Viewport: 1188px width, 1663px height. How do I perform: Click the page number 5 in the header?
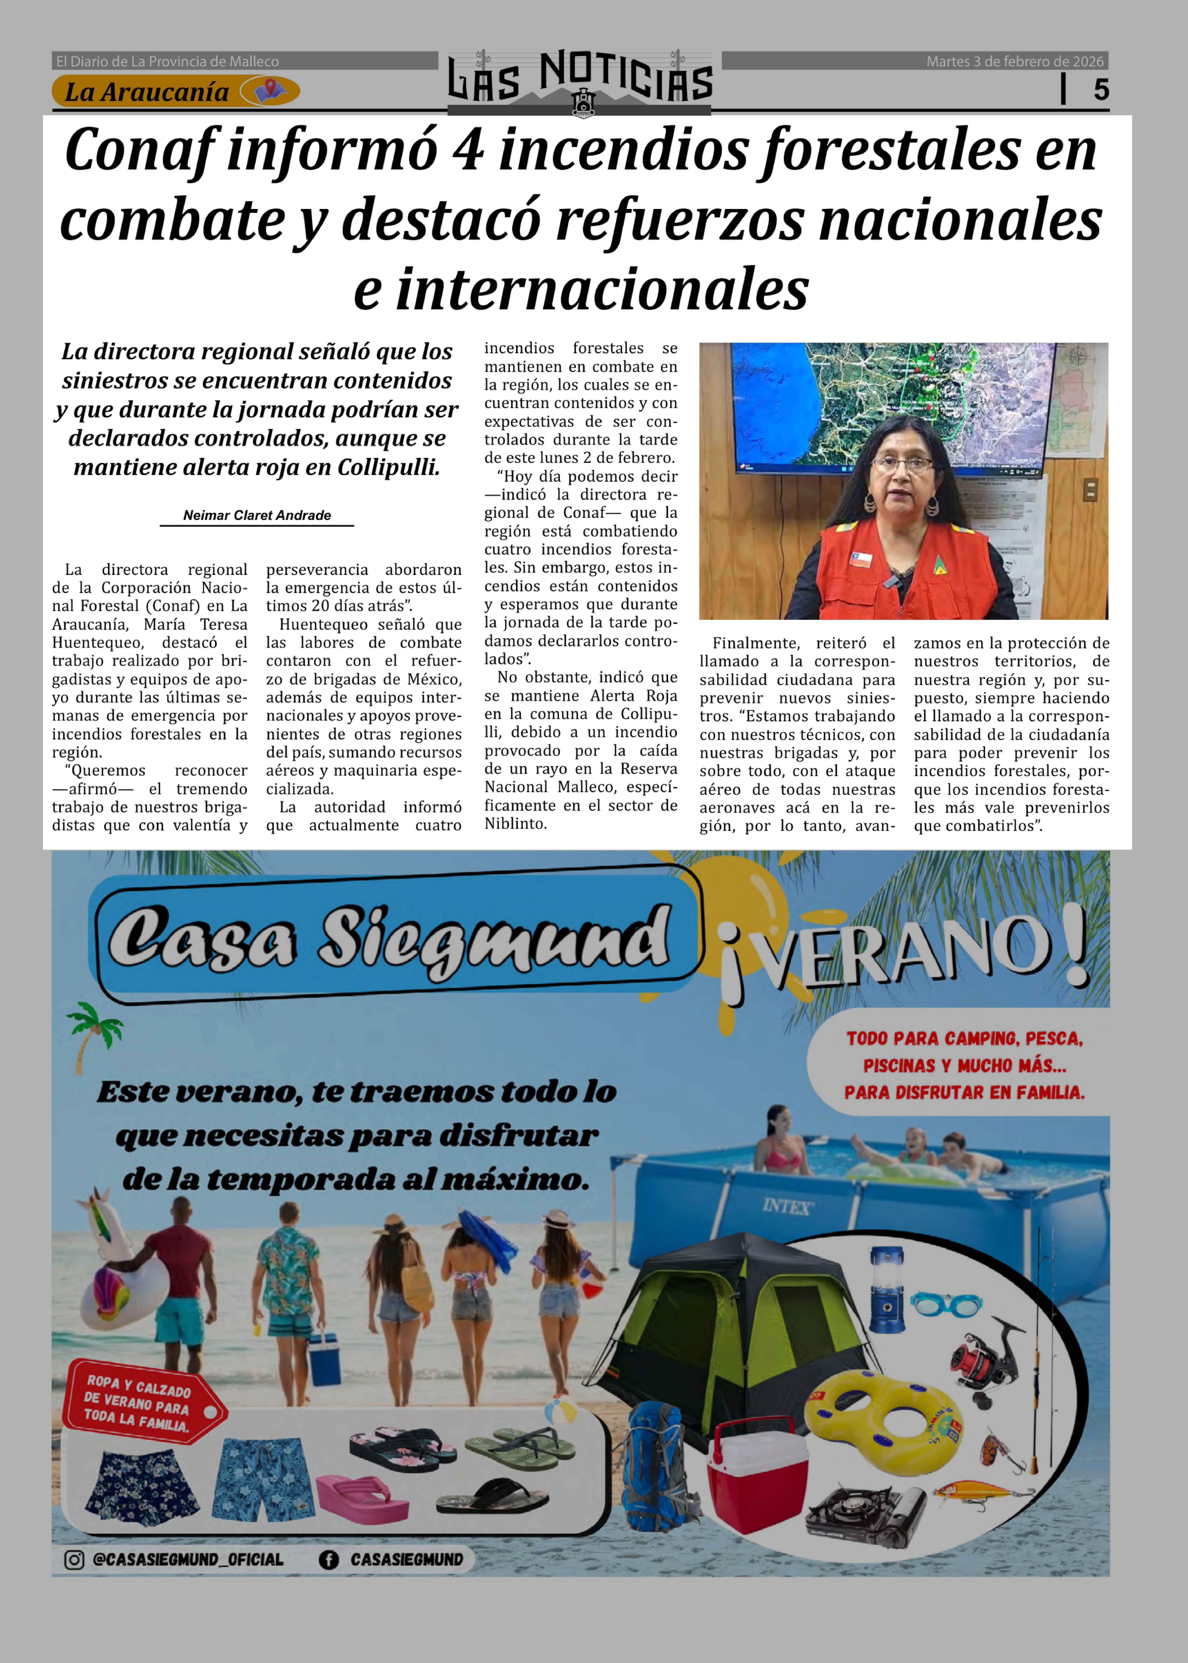(1101, 90)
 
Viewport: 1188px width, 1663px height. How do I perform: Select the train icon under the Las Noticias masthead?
(583, 103)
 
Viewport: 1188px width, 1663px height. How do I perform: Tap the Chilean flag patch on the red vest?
(861, 559)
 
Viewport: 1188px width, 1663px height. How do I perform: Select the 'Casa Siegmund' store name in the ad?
(388, 938)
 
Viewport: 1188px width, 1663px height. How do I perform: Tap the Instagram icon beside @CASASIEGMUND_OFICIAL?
(74, 1560)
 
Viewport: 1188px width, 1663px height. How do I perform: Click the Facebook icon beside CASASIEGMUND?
(329, 1560)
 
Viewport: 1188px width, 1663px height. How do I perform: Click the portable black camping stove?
(865, 1518)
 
